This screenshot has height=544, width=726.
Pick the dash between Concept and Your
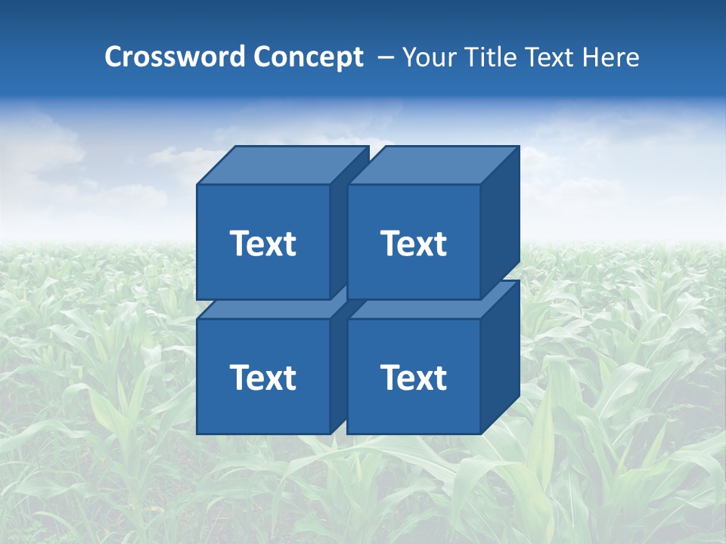pos(384,57)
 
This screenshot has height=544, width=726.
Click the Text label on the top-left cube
pos(262,243)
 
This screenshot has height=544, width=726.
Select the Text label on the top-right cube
pos(413,243)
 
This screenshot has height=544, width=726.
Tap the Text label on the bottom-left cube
pos(262,377)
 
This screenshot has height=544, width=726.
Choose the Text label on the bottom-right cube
pos(413,377)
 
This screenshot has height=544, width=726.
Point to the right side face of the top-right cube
pos(500,219)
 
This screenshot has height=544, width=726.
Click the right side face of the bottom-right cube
pos(500,355)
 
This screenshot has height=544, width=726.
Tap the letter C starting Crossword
pos(114,57)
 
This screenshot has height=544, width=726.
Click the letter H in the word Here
pos(588,57)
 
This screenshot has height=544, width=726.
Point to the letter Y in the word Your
pos(409,57)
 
